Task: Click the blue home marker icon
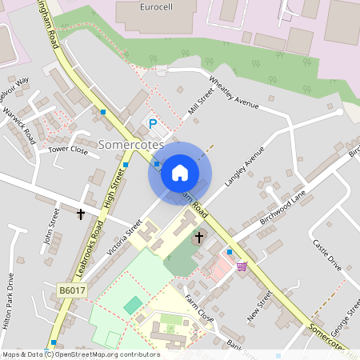coord(179,173)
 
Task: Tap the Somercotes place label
coord(130,145)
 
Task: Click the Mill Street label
coord(201,103)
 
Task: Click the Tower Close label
coord(68,150)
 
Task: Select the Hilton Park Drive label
coord(10,303)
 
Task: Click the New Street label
coord(260,306)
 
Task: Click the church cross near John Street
coord(81,214)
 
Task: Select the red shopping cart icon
coord(242,266)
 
